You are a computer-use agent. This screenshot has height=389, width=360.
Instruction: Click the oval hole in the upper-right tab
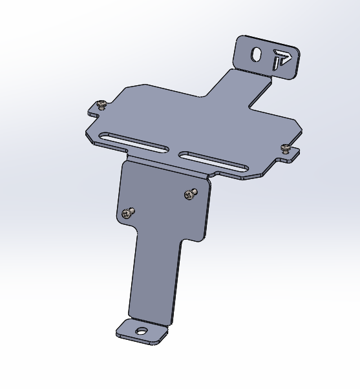257,56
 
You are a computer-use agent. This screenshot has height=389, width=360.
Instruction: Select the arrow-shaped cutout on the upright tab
281,59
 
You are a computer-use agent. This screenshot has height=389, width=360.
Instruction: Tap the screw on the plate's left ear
101,104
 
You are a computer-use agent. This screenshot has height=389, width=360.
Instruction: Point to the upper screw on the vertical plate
189,193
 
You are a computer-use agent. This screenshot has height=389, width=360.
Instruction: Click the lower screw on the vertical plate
128,212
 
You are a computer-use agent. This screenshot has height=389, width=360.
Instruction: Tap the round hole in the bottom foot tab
141,331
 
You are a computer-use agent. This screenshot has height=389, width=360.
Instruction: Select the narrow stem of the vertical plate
154,278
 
